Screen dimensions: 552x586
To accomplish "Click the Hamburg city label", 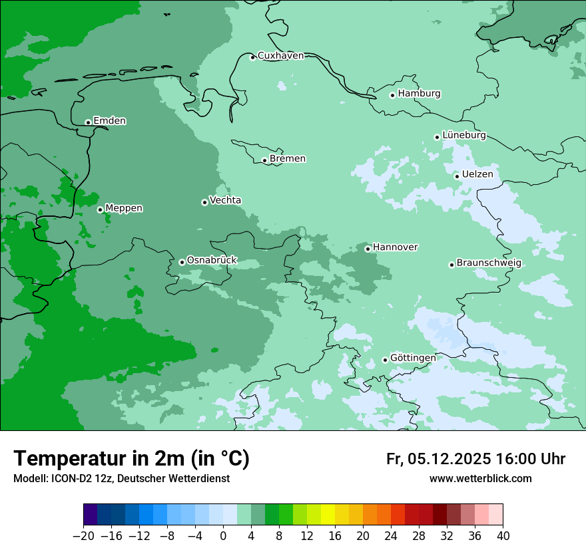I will point(419,94).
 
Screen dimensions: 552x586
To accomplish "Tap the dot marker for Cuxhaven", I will point(252,57).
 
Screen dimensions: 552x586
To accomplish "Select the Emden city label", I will point(109,121).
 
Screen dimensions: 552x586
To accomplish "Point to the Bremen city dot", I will point(264,160).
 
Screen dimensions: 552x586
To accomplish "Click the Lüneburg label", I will point(463,135).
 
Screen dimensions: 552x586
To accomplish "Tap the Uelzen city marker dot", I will point(457,176).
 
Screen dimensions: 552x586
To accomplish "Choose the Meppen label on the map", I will point(124,208).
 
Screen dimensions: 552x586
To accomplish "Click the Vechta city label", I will point(225,200).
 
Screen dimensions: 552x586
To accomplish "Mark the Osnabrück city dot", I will point(182,262).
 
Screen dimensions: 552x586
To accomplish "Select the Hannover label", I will point(395,247).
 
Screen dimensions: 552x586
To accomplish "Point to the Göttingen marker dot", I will point(385,360).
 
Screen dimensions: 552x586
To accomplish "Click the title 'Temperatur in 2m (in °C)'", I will point(132,459).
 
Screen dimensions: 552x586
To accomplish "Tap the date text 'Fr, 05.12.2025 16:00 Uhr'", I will point(475,459).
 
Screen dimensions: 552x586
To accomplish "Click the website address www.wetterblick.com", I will point(480,478).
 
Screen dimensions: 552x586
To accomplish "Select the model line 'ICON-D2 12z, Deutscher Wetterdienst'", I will point(121,478).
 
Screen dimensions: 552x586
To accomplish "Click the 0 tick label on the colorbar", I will point(223,536).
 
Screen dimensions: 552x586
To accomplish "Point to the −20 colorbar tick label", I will point(83,536).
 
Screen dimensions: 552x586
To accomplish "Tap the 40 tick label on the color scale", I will point(503,536).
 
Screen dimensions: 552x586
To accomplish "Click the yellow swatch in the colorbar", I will point(328,515).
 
